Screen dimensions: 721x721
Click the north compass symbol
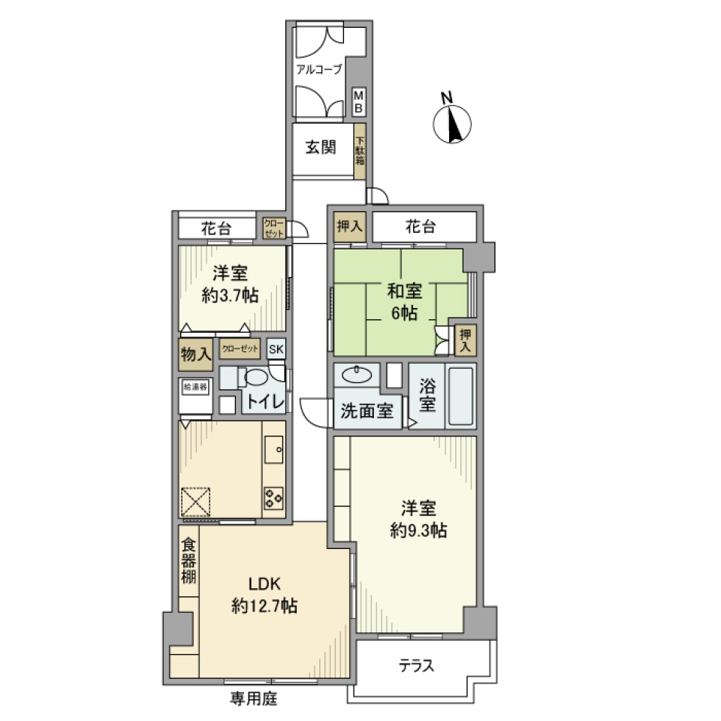(x=453, y=122)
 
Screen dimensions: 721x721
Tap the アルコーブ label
(x=318, y=69)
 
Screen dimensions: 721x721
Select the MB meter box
(x=359, y=102)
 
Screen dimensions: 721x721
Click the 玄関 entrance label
(x=321, y=147)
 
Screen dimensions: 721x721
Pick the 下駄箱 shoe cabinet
(x=360, y=150)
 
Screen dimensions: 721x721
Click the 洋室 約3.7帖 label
(x=230, y=285)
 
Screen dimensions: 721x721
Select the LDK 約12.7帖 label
(x=264, y=595)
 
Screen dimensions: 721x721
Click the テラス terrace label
(x=417, y=665)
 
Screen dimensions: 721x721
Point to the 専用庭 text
(x=253, y=700)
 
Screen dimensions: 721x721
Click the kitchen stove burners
(x=273, y=496)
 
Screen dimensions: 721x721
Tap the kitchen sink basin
(x=274, y=450)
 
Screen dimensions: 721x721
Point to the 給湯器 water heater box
(x=195, y=387)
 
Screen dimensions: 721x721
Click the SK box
(x=276, y=348)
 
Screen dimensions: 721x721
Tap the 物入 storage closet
(x=195, y=354)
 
